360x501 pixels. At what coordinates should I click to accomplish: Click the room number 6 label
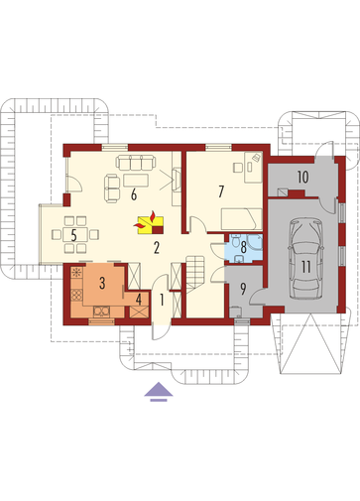[134, 194]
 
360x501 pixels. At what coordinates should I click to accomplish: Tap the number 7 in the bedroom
[221, 191]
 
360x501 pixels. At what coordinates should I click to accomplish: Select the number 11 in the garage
[305, 267]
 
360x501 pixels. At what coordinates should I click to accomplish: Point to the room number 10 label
[302, 178]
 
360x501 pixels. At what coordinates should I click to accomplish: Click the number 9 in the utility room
[243, 289]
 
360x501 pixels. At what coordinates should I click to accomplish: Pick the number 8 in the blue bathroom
[244, 247]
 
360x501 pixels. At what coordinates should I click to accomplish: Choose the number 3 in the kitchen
[102, 283]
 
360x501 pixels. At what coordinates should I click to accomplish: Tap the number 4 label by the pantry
[139, 300]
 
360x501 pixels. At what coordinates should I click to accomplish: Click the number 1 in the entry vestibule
[162, 300]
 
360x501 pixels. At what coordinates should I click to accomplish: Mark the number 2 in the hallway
[157, 247]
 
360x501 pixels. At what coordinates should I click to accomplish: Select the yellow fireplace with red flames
[151, 223]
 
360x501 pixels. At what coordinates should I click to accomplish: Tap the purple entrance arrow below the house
[159, 392]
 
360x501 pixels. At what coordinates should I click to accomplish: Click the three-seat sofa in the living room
[136, 162]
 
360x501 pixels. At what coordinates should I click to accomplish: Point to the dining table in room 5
[75, 234]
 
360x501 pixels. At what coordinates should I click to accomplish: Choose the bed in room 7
[242, 219]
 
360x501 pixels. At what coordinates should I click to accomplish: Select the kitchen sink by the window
[102, 311]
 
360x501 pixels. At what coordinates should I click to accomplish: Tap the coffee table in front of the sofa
[136, 181]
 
